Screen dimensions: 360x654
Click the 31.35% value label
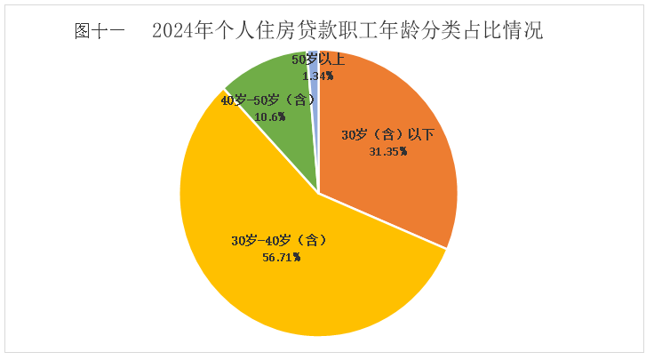pyautogui.click(x=387, y=151)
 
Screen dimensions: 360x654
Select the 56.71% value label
pyautogui.click(x=279, y=257)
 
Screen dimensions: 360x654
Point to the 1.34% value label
pyautogui.click(x=317, y=76)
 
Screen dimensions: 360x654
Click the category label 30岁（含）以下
pyautogui.click(x=388, y=135)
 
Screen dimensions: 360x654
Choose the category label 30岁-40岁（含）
pyautogui.click(x=280, y=241)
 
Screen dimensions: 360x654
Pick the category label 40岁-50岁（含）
pyautogui.click(x=267, y=100)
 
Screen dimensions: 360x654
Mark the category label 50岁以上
pyautogui.click(x=318, y=60)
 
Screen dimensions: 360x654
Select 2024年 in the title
pyautogui.click(x=180, y=32)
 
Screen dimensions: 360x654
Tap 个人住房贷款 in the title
pyautogui.click(x=267, y=32)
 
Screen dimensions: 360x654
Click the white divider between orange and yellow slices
pyautogui.click(x=382, y=220)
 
